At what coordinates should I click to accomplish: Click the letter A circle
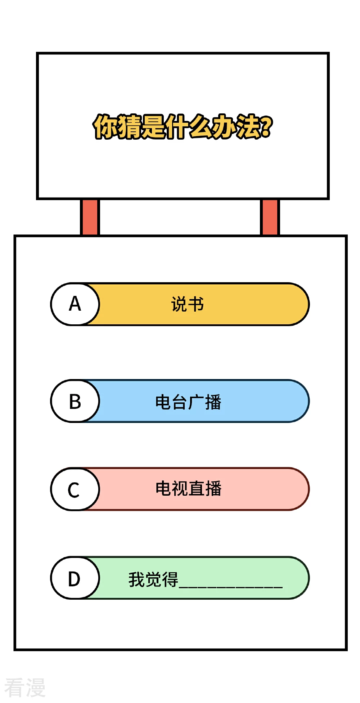pos(75,304)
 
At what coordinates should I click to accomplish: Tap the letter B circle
pos(75,401)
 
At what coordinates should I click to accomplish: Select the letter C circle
pos(75,489)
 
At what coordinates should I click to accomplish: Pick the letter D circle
pos(75,578)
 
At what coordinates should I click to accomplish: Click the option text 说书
pos(188,304)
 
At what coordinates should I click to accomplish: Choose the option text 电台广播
pos(188,402)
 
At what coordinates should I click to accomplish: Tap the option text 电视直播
pos(188,488)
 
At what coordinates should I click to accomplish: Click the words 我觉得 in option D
pos(153,579)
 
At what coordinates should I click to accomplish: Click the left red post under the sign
pos(90,217)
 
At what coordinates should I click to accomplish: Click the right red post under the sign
pos(270,217)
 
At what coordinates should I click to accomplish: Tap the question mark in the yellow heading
pos(266,127)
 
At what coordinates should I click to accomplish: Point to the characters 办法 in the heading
pos(236,127)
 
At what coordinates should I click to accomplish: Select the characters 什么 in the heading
pos(189,127)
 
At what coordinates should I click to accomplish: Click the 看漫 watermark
pos(24,687)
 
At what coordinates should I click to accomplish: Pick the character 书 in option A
pos(196,304)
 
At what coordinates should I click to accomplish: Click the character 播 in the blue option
pos(213,402)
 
